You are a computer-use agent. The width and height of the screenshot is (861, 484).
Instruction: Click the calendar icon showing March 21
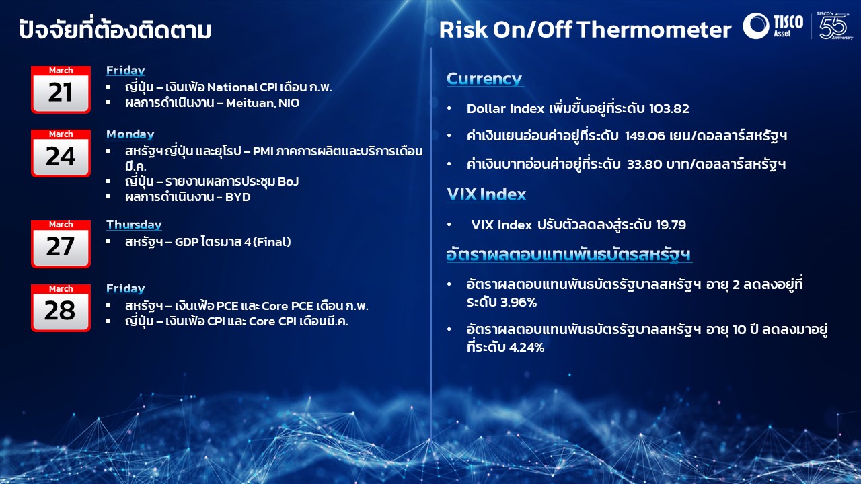(61, 89)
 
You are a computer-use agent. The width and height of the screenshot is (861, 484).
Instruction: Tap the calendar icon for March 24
(61, 153)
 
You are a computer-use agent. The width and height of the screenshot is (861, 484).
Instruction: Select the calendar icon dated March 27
(61, 244)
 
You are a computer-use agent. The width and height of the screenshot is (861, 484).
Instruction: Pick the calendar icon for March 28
(61, 308)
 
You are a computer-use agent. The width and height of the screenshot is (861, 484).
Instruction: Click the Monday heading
(130, 134)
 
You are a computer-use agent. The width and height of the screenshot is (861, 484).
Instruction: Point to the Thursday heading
(134, 225)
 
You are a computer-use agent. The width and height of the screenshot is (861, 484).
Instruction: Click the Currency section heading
(484, 79)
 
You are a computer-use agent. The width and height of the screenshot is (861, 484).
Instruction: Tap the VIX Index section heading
(486, 194)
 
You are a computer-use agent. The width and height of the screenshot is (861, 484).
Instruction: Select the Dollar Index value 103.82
(669, 109)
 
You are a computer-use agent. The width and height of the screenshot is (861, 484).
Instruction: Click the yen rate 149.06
(645, 136)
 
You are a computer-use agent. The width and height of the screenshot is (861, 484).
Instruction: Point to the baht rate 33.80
(644, 165)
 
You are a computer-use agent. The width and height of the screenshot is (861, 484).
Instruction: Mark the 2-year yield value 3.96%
(519, 302)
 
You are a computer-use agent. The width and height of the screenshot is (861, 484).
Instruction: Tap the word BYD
(238, 197)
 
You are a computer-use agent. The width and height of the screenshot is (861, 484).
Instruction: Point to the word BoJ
(288, 182)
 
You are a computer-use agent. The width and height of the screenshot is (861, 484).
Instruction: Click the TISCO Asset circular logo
(755, 26)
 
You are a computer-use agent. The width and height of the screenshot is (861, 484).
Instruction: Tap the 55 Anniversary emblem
(833, 26)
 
